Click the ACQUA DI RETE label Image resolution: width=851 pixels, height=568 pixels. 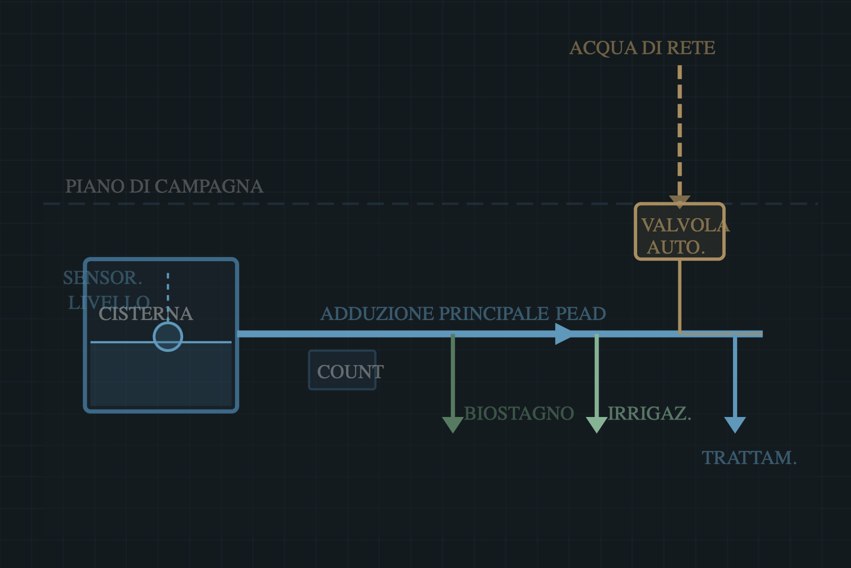642,48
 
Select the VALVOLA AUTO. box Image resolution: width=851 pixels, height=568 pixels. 680,232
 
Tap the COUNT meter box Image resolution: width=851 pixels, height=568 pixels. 342,370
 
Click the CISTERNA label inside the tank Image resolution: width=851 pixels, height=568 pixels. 146,314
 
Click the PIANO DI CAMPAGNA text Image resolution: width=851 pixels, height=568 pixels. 164,187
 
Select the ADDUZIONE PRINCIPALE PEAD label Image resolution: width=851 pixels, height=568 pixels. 463,314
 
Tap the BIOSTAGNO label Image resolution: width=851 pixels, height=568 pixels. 519,413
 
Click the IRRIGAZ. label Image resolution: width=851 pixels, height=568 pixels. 649,413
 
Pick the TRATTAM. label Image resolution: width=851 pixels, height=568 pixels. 749,458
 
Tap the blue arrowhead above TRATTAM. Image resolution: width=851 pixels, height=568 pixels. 735,424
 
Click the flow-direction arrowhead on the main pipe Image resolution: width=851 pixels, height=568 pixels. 564,334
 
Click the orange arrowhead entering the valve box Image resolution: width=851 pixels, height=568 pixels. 680,201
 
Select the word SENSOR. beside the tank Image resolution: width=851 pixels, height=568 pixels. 103,278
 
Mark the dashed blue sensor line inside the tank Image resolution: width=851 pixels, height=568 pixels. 168,289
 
